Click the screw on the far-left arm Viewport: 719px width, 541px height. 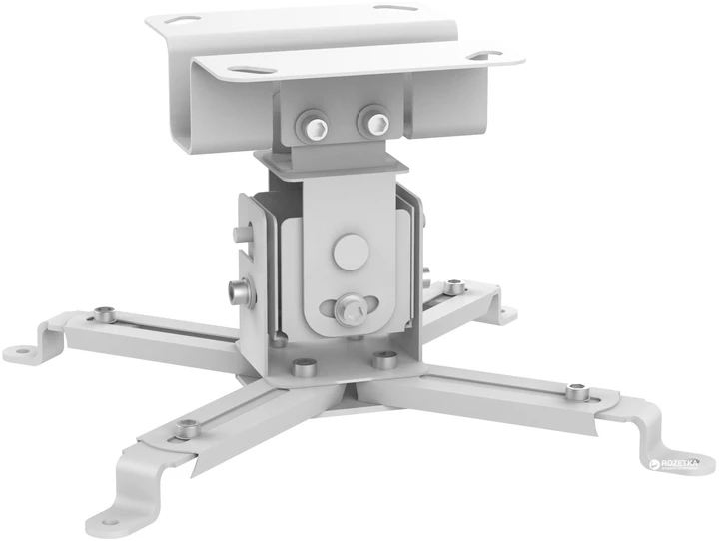103,315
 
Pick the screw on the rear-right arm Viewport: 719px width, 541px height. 454,288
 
